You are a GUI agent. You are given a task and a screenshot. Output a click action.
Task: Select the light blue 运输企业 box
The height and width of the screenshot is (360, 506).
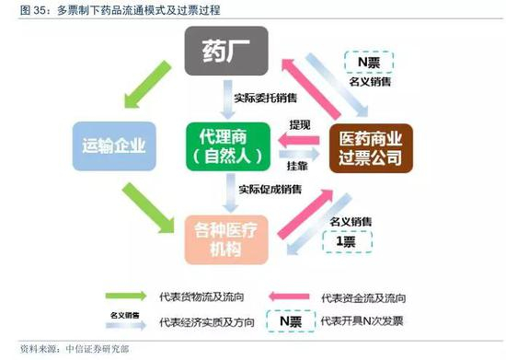(108, 145)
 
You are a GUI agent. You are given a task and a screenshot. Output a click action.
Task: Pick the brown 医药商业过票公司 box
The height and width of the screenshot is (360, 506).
(370, 145)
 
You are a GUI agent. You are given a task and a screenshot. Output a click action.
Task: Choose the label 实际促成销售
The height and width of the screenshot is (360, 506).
(262, 190)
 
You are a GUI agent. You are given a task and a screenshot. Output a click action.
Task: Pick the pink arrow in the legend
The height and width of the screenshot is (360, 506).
(292, 296)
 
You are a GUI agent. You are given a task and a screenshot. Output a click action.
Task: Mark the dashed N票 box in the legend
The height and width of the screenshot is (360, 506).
(291, 321)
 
